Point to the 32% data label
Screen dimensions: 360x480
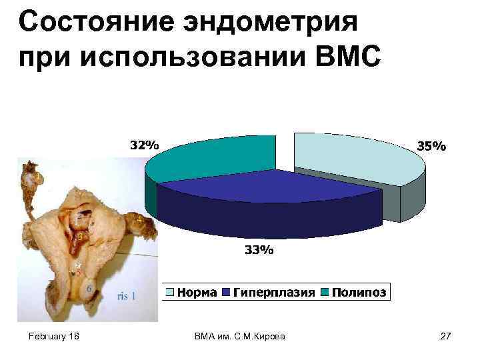pyautogui.click(x=143, y=145)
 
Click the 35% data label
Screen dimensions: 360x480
pyautogui.click(x=431, y=145)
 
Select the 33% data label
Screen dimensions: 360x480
pyautogui.click(x=258, y=251)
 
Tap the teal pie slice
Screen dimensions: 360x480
pyautogui.click(x=213, y=157)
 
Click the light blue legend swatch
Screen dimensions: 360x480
pyautogui.click(x=171, y=293)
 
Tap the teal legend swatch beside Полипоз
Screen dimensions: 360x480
pyautogui.click(x=325, y=293)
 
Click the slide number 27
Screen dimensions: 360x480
pyautogui.click(x=446, y=337)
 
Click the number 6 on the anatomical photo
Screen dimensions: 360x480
pyautogui.click(x=89, y=288)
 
